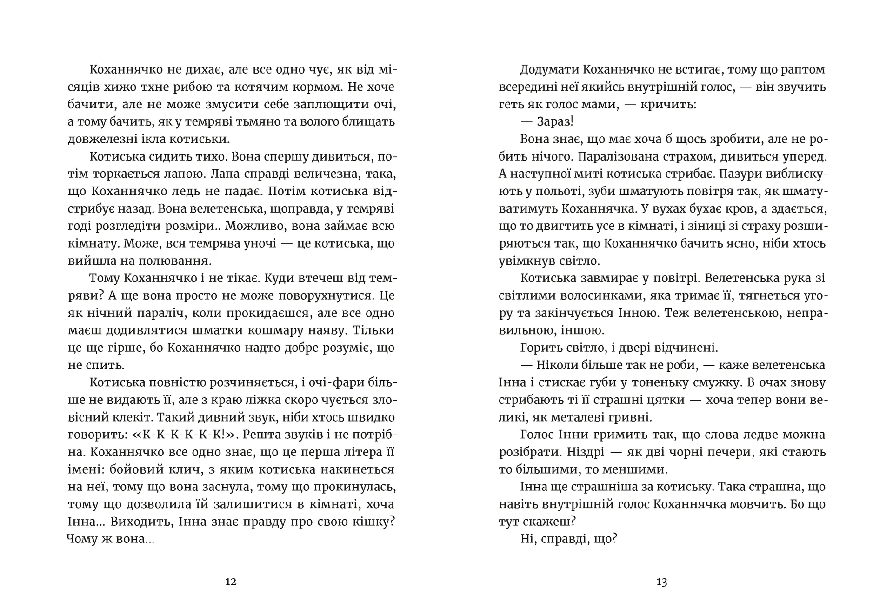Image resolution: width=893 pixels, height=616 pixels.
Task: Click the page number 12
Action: (231, 582)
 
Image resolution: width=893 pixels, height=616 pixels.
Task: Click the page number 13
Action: (661, 582)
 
